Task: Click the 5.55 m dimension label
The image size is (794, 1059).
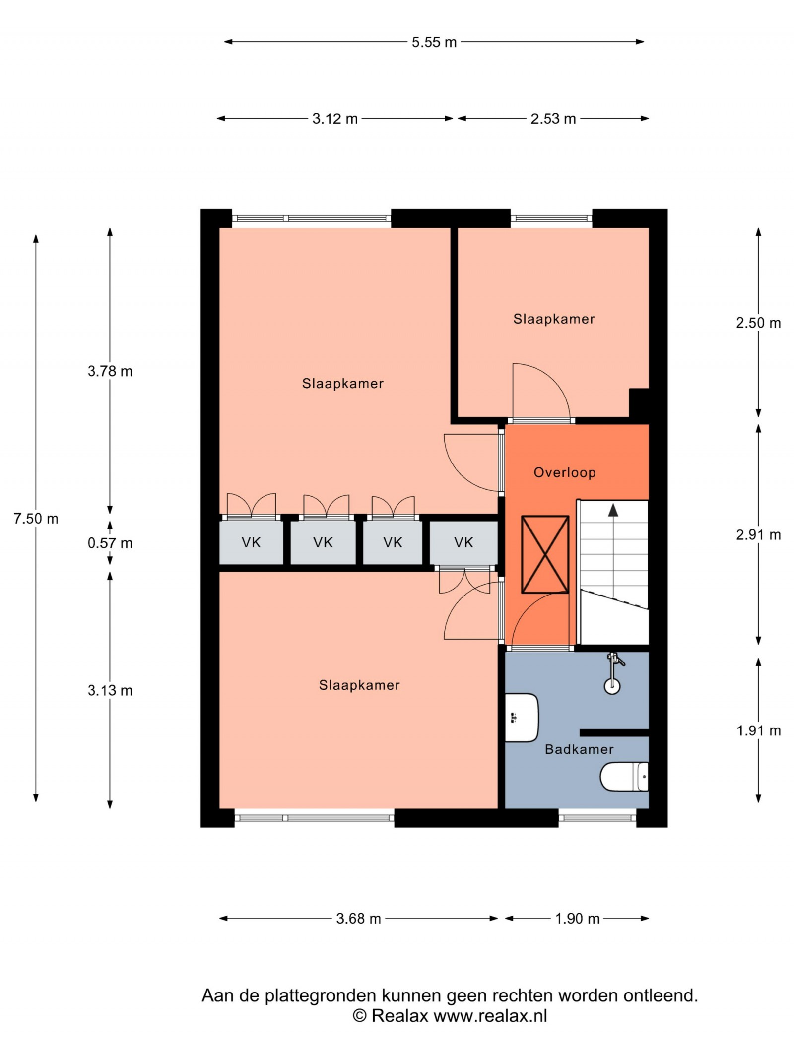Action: (434, 42)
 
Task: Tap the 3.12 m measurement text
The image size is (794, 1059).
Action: (335, 119)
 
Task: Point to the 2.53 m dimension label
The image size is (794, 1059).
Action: (553, 119)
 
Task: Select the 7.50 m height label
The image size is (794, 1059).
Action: (36, 519)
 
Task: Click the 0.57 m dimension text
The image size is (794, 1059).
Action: (110, 543)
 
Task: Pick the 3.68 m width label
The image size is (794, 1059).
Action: (358, 918)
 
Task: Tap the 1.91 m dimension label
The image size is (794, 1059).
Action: (758, 730)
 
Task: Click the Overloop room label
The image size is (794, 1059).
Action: (565, 472)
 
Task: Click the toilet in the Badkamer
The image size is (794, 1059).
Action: (624, 777)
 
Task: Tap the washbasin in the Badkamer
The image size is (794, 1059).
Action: (522, 718)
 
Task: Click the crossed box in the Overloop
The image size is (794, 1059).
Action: (545, 554)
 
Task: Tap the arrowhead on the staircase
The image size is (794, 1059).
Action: (613, 510)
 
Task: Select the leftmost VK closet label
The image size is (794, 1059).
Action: (251, 542)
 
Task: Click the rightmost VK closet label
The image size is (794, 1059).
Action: (463, 542)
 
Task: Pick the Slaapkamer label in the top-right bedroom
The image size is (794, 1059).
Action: (554, 319)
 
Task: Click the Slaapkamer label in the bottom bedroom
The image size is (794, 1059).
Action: (359, 685)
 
